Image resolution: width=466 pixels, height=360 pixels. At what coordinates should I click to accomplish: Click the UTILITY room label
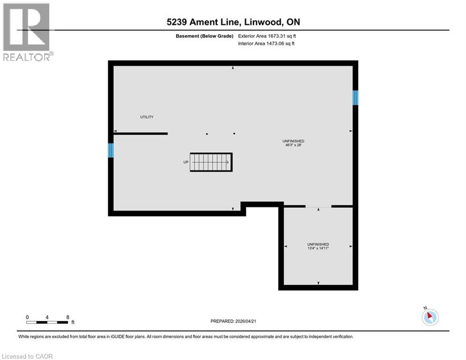[x=147, y=117]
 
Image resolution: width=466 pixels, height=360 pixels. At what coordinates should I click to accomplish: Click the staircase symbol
[x=211, y=162]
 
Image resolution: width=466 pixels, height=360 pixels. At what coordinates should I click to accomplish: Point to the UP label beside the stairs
[x=186, y=162]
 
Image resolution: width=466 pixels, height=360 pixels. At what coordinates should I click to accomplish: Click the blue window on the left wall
[x=111, y=150]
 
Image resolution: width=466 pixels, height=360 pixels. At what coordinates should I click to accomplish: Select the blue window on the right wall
[x=355, y=97]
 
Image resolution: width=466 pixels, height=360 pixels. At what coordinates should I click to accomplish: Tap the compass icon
[x=429, y=317]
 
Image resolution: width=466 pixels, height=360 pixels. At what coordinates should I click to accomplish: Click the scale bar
[x=47, y=322]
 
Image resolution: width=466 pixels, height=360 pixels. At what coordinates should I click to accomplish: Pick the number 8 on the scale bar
[x=68, y=317]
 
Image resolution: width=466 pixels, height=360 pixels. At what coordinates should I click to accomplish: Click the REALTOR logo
[x=27, y=32]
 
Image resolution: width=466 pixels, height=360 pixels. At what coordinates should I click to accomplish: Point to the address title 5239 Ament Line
[x=233, y=22]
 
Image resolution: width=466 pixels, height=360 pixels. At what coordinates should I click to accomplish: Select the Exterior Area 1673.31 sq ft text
[x=267, y=36]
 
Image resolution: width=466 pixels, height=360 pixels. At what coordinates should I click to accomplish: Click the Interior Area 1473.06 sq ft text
[x=266, y=44]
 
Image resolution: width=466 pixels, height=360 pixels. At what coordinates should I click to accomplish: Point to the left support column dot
[x=207, y=134]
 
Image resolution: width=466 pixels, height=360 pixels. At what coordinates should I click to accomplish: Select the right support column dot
[x=234, y=134]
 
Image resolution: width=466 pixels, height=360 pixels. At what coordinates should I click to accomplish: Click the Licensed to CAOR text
[x=27, y=356]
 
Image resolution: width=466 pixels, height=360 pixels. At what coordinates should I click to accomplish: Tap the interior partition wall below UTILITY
[x=141, y=134]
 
